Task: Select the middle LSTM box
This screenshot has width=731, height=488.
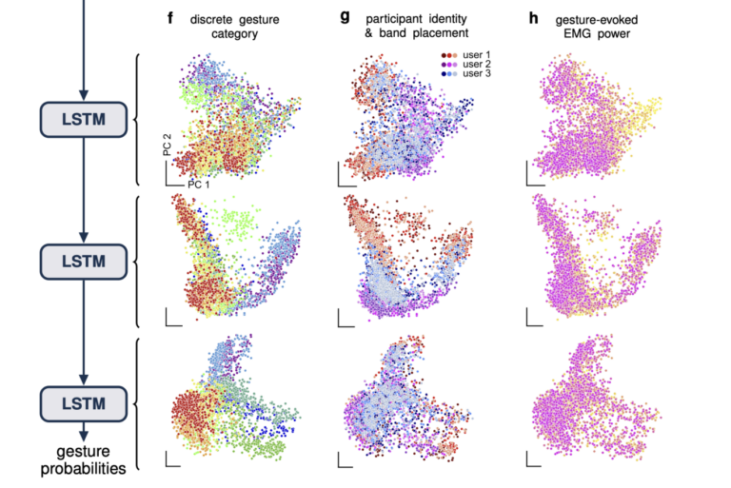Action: click(x=83, y=258)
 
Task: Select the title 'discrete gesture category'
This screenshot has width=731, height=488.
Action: click(x=234, y=26)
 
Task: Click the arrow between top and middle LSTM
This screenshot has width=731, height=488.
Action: click(x=83, y=190)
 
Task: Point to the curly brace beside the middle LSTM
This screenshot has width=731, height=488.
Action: click(x=140, y=259)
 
